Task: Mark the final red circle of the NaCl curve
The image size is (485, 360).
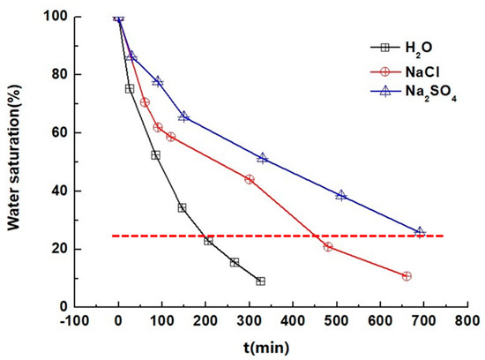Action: click(x=407, y=276)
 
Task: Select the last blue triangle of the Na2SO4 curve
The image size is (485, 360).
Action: click(x=420, y=232)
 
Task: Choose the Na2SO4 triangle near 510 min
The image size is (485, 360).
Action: click(x=341, y=195)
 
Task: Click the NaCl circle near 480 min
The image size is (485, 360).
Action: click(x=328, y=246)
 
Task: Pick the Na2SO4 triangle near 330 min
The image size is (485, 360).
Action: click(x=263, y=158)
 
